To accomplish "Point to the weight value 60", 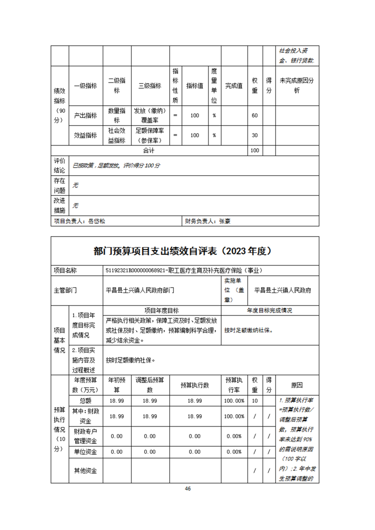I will (254, 115).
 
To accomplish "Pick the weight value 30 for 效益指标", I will (254, 135).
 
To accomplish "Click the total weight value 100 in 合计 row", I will (254, 151).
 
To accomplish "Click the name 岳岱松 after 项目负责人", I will (97, 221).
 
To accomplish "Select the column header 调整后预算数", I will (149, 385).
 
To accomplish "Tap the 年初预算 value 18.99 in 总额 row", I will (117, 400).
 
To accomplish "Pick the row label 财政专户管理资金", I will (86, 436).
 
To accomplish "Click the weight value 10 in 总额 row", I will (254, 400).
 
